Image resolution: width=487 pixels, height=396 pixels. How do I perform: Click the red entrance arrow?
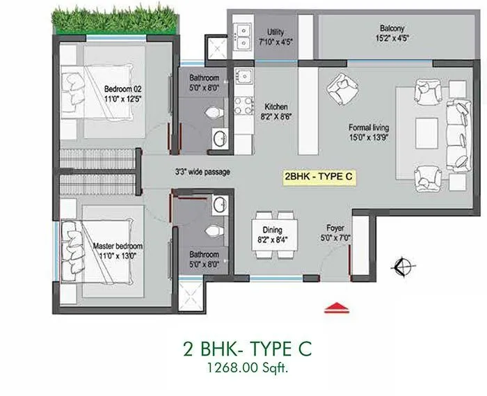pyautogui.click(x=336, y=306)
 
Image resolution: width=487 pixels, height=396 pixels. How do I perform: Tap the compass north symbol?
pyautogui.click(x=401, y=264)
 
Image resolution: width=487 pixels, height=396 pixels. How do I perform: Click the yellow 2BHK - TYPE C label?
pyautogui.click(x=319, y=177)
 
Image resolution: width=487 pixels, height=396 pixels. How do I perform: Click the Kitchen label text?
pyautogui.click(x=276, y=106)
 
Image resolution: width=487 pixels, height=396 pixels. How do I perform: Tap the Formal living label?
pyautogui.click(x=369, y=128)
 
